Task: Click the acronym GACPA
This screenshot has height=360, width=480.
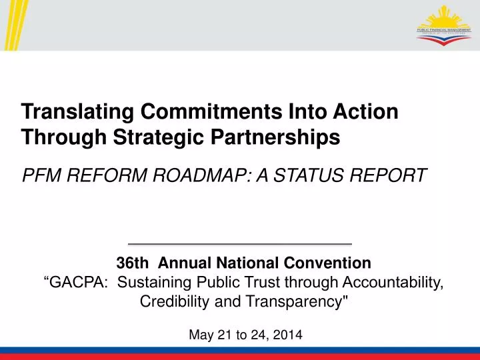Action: click(75, 282)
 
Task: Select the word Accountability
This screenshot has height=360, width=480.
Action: click(391, 282)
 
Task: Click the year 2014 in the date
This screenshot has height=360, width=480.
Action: click(288, 335)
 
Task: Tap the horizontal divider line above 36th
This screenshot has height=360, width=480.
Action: click(240, 244)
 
